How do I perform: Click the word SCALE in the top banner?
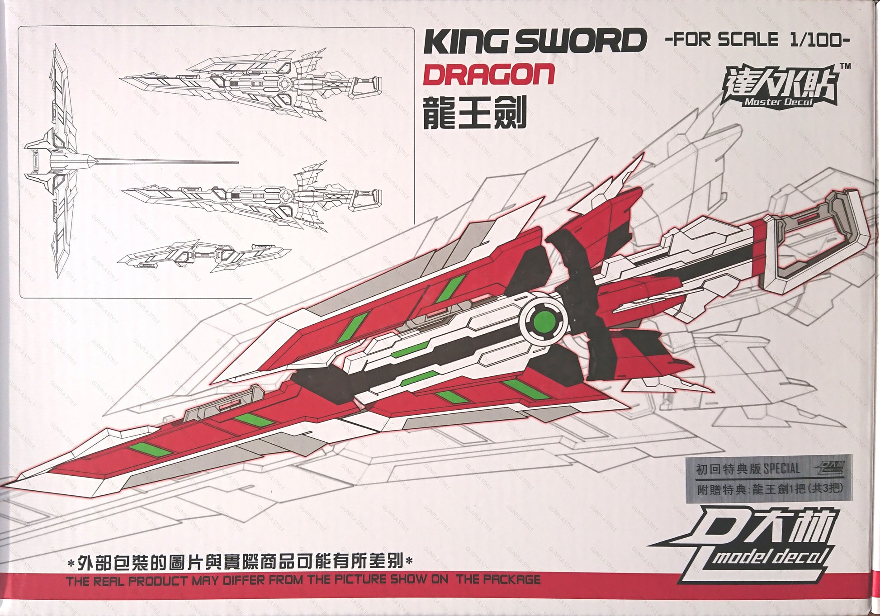[x=748, y=40]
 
